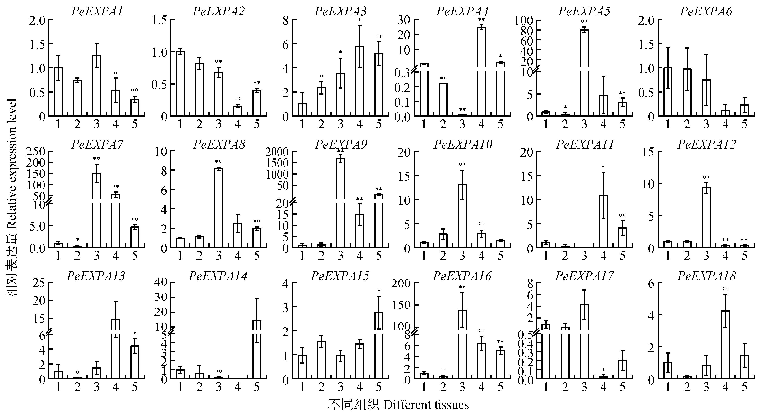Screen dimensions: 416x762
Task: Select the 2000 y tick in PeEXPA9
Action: pos(277,152)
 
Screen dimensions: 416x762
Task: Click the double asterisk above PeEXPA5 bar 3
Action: pos(584,22)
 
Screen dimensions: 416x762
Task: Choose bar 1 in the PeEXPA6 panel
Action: pos(668,92)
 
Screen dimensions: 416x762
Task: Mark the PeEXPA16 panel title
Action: pos(462,276)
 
